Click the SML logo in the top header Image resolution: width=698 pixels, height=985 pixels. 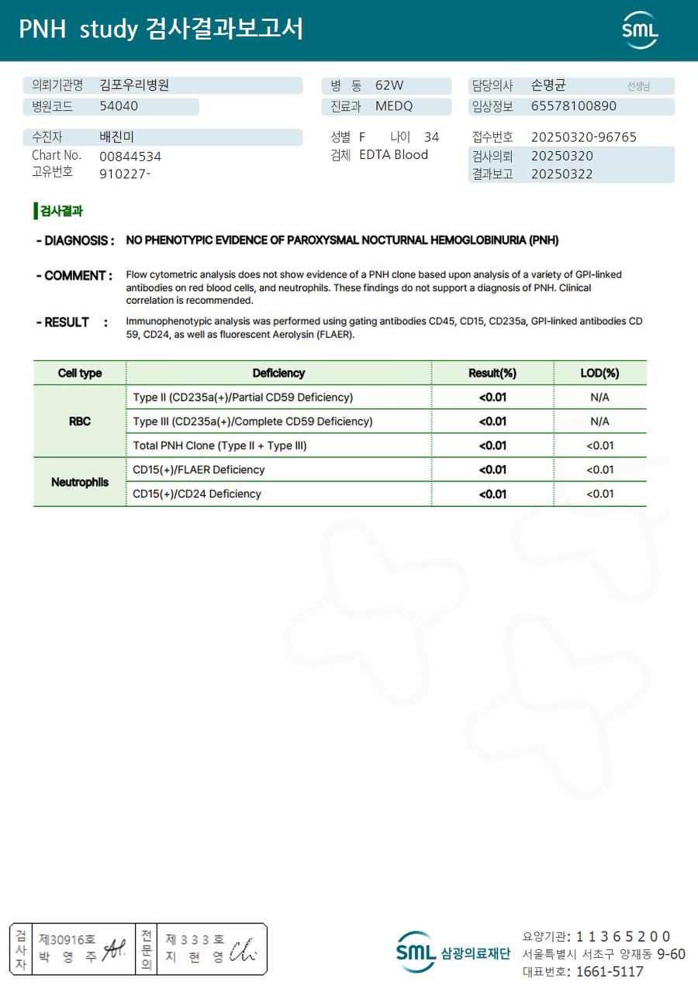640,30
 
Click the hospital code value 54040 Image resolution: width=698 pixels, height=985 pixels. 119,106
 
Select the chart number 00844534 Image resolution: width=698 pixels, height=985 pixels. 130,156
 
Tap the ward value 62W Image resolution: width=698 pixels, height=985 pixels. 389,86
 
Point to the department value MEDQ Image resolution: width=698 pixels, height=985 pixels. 394,106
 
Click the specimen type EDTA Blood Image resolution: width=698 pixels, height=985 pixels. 393,155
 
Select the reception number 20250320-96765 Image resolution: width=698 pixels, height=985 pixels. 583,137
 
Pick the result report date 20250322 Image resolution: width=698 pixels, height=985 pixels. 562,174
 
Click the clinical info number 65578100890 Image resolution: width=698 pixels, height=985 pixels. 574,106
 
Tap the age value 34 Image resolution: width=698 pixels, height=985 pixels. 431,137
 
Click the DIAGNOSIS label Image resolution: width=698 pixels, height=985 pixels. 75,240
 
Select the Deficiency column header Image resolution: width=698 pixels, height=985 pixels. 278,373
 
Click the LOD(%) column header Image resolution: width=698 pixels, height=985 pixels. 600,373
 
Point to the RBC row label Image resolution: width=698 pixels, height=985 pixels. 80,422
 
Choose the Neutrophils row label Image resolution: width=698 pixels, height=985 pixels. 80,482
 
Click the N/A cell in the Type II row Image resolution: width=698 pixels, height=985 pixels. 600,398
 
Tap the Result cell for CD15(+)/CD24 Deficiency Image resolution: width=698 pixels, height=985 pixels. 492,494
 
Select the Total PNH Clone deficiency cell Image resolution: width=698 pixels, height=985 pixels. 220,446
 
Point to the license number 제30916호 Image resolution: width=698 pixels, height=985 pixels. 67,939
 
